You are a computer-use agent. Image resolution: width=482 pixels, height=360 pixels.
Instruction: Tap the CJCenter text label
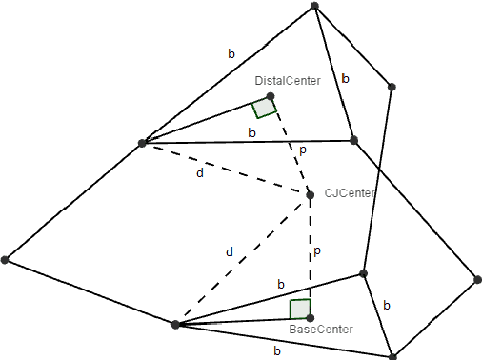pos(349,192)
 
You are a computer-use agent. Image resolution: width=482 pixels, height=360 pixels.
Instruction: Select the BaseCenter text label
pos(320,329)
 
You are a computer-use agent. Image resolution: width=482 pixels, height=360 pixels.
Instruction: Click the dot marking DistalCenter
pos(271,96)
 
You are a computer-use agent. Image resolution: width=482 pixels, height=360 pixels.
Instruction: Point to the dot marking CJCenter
pos(310,195)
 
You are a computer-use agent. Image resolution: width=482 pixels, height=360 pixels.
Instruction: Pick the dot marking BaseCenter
pos(310,317)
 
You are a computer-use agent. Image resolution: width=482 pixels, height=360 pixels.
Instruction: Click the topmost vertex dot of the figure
pos(314,6)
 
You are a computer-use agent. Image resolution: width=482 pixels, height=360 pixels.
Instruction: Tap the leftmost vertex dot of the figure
pos(5,259)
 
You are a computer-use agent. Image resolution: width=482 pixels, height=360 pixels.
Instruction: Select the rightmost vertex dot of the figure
pos(477,280)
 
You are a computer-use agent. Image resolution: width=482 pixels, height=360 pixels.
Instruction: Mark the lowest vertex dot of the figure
pos(392,356)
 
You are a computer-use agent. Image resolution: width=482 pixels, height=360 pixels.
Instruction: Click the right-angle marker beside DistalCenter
pos(264,108)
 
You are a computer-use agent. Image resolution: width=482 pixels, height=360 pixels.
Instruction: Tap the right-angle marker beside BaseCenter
pos(299,310)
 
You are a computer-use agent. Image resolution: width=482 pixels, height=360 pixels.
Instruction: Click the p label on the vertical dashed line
pos(316,251)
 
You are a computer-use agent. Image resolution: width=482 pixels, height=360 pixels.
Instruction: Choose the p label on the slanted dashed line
pos(303,150)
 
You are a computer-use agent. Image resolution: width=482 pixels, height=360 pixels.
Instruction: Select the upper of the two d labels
pos(199,173)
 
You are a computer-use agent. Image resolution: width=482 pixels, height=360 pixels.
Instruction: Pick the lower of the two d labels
pos(230,251)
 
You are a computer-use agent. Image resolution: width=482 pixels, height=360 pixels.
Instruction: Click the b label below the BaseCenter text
pos(276,350)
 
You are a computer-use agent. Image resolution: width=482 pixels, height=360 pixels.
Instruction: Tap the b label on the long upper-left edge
pos(231,54)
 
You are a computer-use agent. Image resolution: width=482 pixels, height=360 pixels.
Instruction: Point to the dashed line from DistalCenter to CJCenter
pos(291,146)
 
